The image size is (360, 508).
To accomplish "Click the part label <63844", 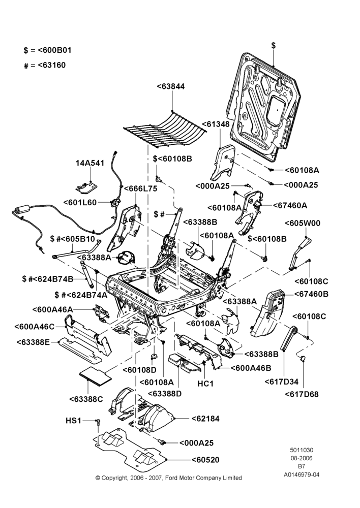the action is pyautogui.click(x=171, y=86).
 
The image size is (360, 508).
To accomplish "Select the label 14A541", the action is pyautogui.click(x=90, y=163).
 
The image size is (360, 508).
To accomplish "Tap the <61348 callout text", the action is pyautogui.click(x=216, y=124).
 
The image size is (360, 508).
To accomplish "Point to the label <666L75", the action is pyautogui.click(x=140, y=188).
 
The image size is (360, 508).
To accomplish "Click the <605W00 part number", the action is pyautogui.click(x=302, y=223).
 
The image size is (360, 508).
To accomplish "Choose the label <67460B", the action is pyautogui.click(x=311, y=294).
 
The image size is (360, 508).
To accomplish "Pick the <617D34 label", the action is pyautogui.click(x=282, y=382).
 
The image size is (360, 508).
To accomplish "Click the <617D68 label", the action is pyautogui.click(x=302, y=394).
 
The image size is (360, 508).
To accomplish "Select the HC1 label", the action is pyautogui.click(x=205, y=384).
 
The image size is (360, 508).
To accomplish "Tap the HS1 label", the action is pyautogui.click(x=73, y=421).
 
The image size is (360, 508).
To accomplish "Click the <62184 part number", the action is pyautogui.click(x=205, y=419).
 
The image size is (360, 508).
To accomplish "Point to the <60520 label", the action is pyautogui.click(x=205, y=460).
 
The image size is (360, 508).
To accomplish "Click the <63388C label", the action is pyautogui.click(x=86, y=399).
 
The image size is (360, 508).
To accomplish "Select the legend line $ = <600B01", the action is pyautogui.click(x=47, y=50).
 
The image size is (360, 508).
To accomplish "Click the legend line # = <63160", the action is pyautogui.click(x=45, y=65).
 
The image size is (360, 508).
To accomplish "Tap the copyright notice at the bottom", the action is pyautogui.click(x=169, y=478).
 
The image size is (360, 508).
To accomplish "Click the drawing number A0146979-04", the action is pyautogui.click(x=302, y=474).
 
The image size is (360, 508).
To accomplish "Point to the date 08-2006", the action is pyautogui.click(x=302, y=458).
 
